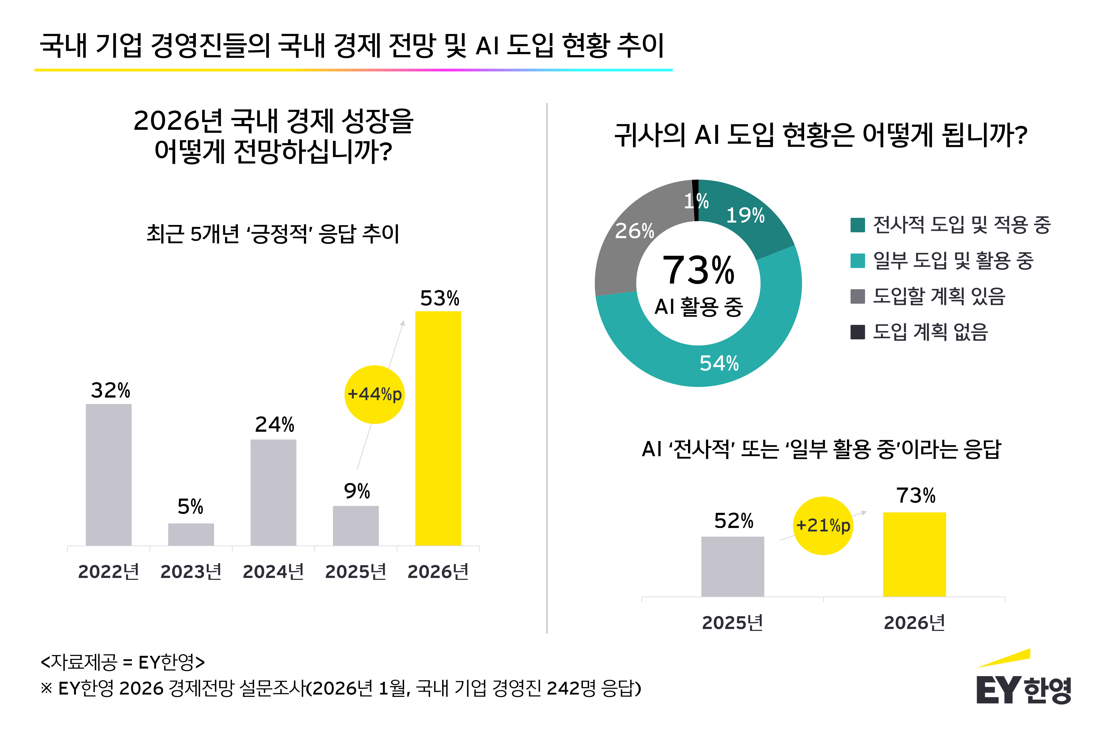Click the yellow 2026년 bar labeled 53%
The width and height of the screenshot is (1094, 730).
click(x=438, y=428)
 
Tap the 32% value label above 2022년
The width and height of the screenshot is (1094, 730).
click(x=110, y=390)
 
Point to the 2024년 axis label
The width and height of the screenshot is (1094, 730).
click(x=273, y=572)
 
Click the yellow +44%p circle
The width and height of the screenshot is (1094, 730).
click(x=374, y=394)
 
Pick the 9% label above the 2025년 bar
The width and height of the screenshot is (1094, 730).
click(x=357, y=491)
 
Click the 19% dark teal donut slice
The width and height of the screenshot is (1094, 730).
click(x=749, y=219)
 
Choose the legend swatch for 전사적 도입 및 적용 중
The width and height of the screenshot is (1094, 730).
click(x=857, y=225)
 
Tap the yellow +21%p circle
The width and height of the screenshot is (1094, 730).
click(x=823, y=526)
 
